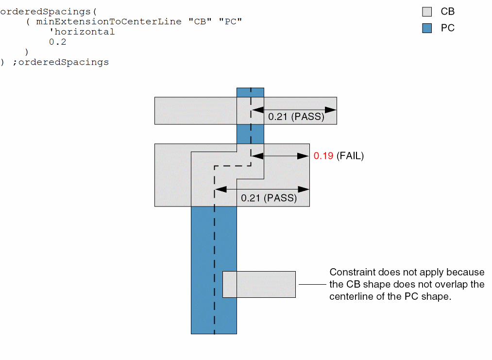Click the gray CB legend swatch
coord(427,12)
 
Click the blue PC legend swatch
coord(427,28)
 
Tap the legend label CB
coord(447,12)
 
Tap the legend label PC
coord(447,28)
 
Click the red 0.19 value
coord(323,156)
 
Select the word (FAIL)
coord(350,156)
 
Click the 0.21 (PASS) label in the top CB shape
coord(296,117)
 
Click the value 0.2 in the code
coord(57,42)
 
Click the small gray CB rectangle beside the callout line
coord(266,284)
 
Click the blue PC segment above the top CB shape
coord(250,92)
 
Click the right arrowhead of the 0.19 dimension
coord(304,156)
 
